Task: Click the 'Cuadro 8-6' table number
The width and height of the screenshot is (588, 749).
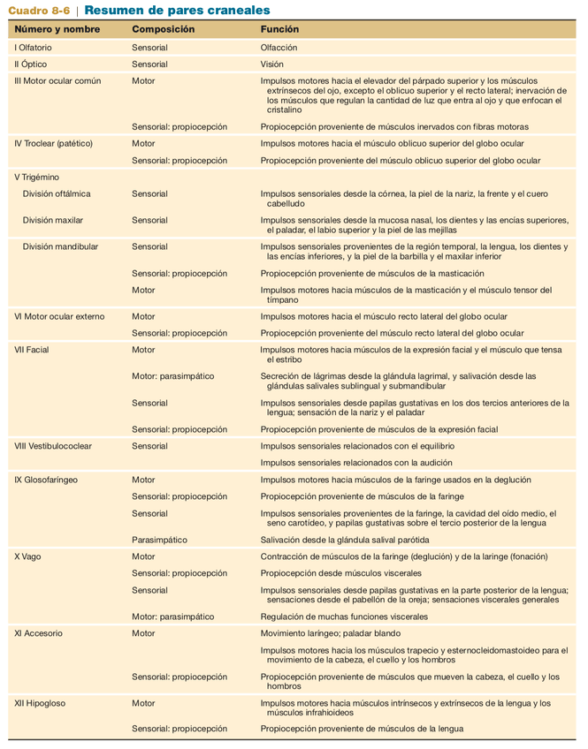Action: pos(39,10)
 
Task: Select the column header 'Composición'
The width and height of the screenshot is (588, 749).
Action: pos(164,30)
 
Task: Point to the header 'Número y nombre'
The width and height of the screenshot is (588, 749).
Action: pos(57,30)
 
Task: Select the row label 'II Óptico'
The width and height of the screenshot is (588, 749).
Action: pos(31,64)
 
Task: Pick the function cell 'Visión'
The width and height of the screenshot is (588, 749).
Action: pos(271,64)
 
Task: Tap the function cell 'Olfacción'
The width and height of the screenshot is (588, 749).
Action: pos(279,47)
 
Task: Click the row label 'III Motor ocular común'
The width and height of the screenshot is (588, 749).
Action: pos(57,80)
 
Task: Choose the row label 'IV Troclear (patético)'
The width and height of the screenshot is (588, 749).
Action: pos(54,142)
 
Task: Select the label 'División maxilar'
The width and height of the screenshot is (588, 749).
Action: pos(53,220)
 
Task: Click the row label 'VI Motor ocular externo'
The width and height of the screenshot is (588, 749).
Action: pos(59,316)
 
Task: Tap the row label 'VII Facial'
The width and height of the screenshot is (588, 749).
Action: pos(32,350)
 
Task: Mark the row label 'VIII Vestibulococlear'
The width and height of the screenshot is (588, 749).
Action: pos(53,446)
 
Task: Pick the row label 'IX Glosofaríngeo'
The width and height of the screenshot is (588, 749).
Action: pos(46,480)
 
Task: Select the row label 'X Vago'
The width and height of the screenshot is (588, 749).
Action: pos(28,556)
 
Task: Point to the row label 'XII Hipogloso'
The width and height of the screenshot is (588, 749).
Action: pos(40,704)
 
